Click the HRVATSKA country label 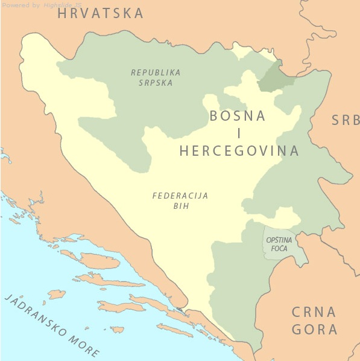click(101, 13)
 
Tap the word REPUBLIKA click(156, 72)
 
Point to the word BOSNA click(237, 117)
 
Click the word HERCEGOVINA click(239, 151)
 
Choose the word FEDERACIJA click(180, 196)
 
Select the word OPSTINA click(279, 240)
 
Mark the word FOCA click(279, 249)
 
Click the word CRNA click(314, 312)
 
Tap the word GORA click(314, 330)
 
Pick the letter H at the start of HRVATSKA click(63, 13)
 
